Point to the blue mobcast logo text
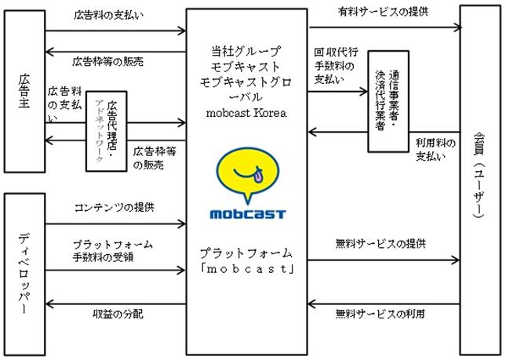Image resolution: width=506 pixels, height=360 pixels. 248,213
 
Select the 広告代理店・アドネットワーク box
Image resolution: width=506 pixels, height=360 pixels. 105,131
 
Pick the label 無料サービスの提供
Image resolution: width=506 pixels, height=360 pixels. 382,244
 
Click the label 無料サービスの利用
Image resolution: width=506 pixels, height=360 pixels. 382,314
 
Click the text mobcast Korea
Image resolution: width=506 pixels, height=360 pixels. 247,111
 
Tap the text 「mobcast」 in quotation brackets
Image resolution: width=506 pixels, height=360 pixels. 247,270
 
